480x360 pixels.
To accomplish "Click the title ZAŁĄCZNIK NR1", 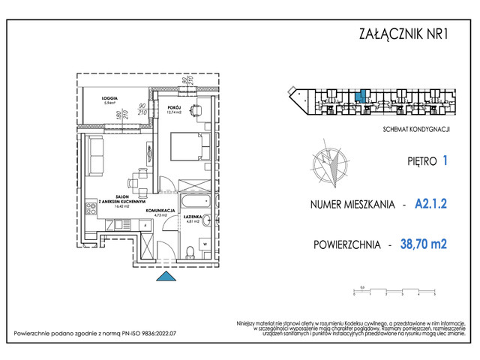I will [x=406, y=34].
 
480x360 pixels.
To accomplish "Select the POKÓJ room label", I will [x=172, y=109].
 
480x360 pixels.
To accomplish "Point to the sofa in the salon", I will [x=95, y=156].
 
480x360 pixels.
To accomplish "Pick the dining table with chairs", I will [x=137, y=181].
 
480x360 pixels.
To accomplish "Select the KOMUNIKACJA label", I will [x=160, y=211].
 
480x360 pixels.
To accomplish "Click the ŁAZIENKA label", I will [x=193, y=218].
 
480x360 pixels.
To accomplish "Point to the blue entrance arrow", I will [x=164, y=277].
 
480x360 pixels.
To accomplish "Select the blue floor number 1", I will [x=445, y=160].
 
